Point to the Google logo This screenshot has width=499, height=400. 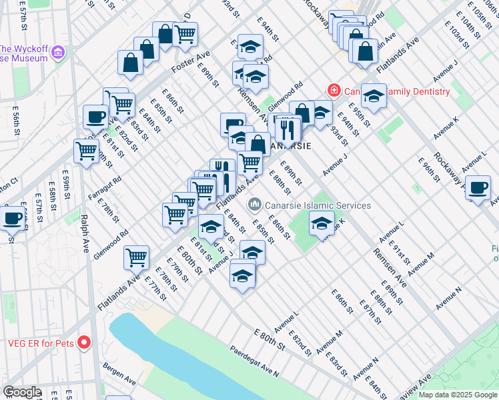coord(22,392)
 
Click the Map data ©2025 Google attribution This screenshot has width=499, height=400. coord(458,395)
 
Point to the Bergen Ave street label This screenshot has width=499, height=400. coord(121,374)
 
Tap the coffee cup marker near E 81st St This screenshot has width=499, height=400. coord(95,117)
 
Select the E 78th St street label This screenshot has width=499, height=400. coord(107,210)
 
